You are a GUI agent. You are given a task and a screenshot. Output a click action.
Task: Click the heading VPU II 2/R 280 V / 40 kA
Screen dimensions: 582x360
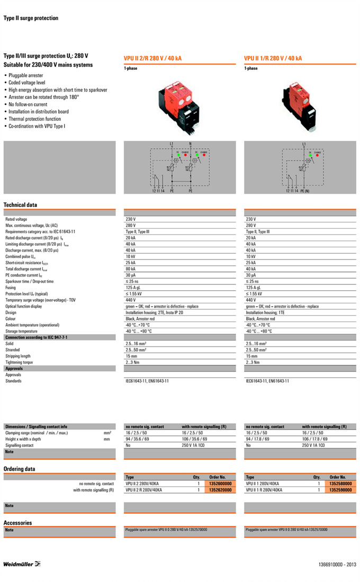(152, 59)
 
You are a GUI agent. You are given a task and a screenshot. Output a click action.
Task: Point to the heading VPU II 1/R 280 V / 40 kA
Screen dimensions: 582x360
(273, 59)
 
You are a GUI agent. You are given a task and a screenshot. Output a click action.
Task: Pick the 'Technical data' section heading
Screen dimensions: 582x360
(21, 205)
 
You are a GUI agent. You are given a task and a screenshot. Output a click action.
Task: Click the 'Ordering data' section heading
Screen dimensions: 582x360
(20, 469)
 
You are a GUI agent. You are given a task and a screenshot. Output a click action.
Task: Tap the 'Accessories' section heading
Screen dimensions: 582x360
(18, 523)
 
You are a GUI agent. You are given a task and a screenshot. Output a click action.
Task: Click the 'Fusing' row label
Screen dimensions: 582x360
(11, 288)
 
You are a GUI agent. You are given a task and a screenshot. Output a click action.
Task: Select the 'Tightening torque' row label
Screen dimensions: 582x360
(19, 362)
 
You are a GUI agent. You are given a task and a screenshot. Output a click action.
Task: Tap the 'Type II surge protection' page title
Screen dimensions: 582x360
(31, 19)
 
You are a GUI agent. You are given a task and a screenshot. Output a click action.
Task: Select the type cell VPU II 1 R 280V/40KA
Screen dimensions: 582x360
(264, 490)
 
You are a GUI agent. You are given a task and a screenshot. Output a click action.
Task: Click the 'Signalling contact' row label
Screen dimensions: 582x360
(19, 445)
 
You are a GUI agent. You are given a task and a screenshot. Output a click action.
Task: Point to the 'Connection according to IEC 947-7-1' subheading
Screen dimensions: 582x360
(36, 337)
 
